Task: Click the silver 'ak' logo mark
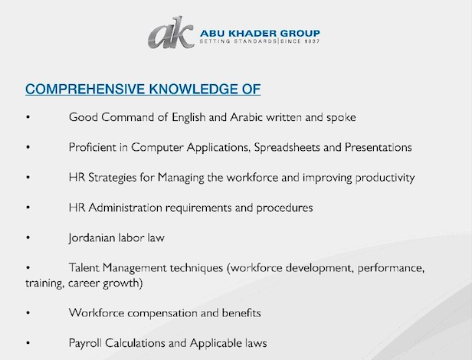click(x=171, y=33)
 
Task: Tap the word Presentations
click(x=379, y=147)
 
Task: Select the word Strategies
click(x=113, y=178)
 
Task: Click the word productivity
click(x=385, y=178)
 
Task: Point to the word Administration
click(x=125, y=208)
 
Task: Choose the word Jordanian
click(x=92, y=237)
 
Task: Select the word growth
click(x=121, y=283)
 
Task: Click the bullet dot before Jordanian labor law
click(x=28, y=237)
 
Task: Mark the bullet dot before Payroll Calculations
click(x=28, y=343)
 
